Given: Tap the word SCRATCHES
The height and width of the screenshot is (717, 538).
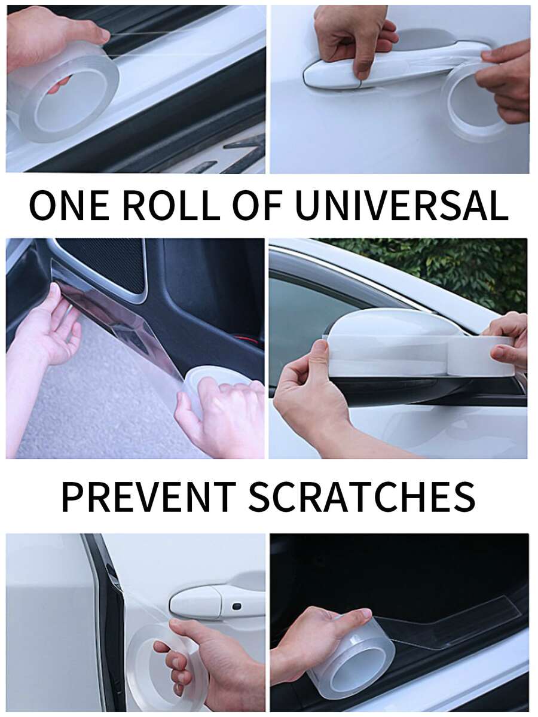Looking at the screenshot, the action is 362,496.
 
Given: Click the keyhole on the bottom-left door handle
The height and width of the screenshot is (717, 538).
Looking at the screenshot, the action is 236,606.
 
